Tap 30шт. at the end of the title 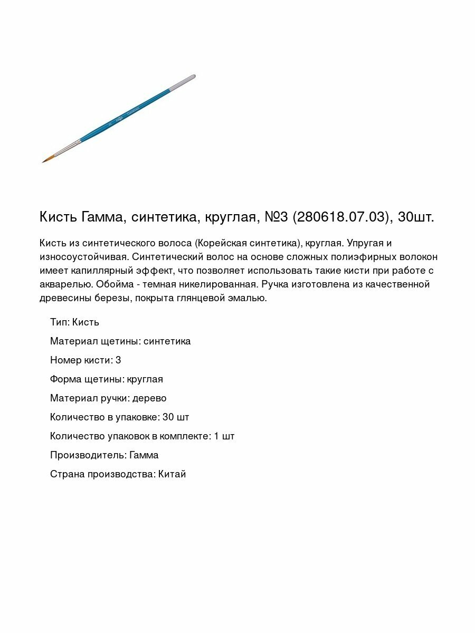point(416,217)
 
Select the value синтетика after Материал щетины point(167,341)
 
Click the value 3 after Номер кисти point(118,360)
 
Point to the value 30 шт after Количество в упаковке point(176,417)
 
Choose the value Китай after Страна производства point(172,474)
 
